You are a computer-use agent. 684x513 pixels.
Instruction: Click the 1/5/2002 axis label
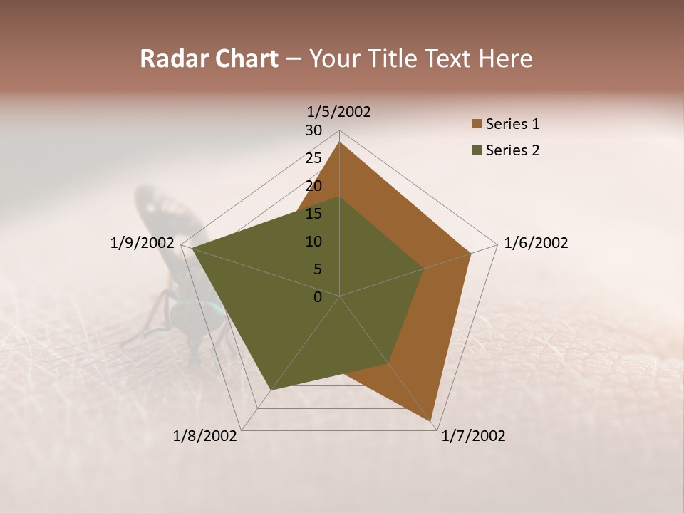[x=338, y=112]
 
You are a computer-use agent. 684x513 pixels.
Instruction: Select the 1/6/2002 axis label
[x=536, y=243]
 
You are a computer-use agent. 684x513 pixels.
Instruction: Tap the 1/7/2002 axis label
[x=473, y=436]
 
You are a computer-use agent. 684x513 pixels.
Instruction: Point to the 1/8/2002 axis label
[x=205, y=436]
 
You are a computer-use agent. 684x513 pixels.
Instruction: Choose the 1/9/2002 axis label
[x=142, y=243]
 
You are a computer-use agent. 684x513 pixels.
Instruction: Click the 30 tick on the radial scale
[x=313, y=130]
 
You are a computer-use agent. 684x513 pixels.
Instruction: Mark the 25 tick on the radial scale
[x=313, y=158]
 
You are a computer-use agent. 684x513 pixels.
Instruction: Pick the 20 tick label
[x=313, y=186]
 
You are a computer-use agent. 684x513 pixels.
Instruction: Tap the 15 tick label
[x=313, y=214]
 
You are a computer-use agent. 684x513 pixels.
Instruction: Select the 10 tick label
[x=313, y=242]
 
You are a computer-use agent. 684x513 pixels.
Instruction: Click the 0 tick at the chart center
[x=318, y=297]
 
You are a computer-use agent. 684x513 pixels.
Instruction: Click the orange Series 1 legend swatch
[x=477, y=125]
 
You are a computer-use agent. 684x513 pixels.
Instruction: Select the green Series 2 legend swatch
[x=477, y=150]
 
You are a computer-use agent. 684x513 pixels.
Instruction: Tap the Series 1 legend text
[x=512, y=124]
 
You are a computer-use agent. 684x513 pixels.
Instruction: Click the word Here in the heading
[x=505, y=58]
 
